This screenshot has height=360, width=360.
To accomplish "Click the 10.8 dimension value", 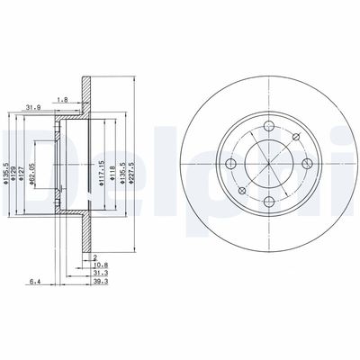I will click(100, 266).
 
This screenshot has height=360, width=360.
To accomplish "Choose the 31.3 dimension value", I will click(100, 274).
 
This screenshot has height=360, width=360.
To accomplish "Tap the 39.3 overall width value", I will click(100, 282).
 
